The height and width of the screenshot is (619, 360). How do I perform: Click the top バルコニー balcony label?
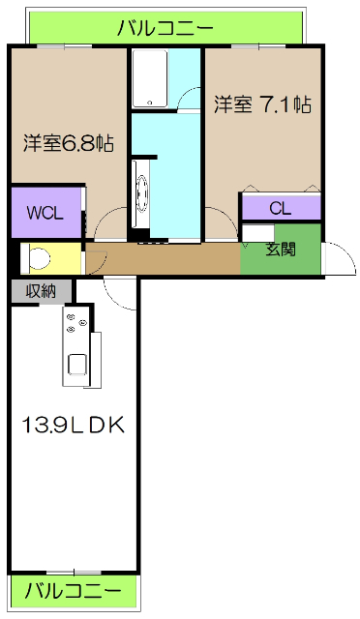pos(165,28)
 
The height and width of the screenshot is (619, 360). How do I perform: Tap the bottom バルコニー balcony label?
pos(74,590)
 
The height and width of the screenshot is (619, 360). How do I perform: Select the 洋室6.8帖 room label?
pos(69,144)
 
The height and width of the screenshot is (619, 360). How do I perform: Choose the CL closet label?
pos(281,208)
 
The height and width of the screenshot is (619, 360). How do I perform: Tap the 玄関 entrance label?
pos(282,250)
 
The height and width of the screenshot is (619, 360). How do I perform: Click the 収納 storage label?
pos(41,289)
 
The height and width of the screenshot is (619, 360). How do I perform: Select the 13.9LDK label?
pos(72,426)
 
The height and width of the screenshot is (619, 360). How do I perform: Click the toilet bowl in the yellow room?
pos(41,258)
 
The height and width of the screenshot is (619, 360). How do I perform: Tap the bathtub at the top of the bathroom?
pos(149,79)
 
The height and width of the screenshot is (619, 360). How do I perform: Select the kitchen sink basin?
pos(75,366)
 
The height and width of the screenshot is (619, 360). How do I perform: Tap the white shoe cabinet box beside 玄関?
pos(256,232)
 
